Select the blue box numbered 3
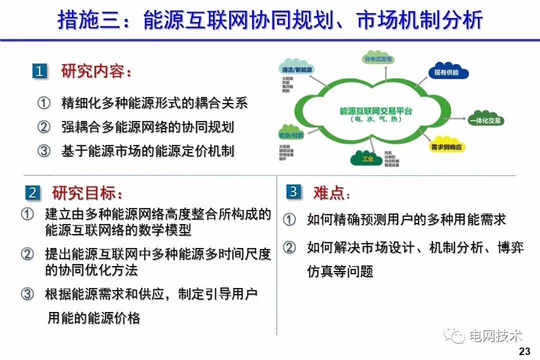pyautogui.click(x=293, y=191)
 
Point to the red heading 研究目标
pyautogui.click(x=87, y=192)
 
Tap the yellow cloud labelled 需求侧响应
pyautogui.click(x=448, y=146)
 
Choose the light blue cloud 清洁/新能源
pyautogui.click(x=297, y=69)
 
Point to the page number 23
pyautogui.click(x=525, y=350)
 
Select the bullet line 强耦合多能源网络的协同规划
pyautogui.click(x=147, y=127)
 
